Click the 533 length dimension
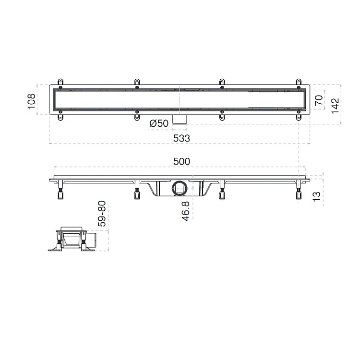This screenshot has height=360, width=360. tap(181, 138)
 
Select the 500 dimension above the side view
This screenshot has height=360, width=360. tap(181, 162)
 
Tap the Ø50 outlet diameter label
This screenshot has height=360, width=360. tap(159, 123)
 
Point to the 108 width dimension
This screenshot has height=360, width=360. tap(32, 101)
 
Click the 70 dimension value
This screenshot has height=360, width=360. tap(319, 100)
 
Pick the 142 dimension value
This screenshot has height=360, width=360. tap(335, 106)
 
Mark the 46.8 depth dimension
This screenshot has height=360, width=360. tap(185, 211)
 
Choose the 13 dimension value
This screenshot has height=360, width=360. tap(316, 196)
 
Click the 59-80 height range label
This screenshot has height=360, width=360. tap(102, 214)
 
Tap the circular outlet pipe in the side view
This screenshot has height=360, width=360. tap(180, 188)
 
